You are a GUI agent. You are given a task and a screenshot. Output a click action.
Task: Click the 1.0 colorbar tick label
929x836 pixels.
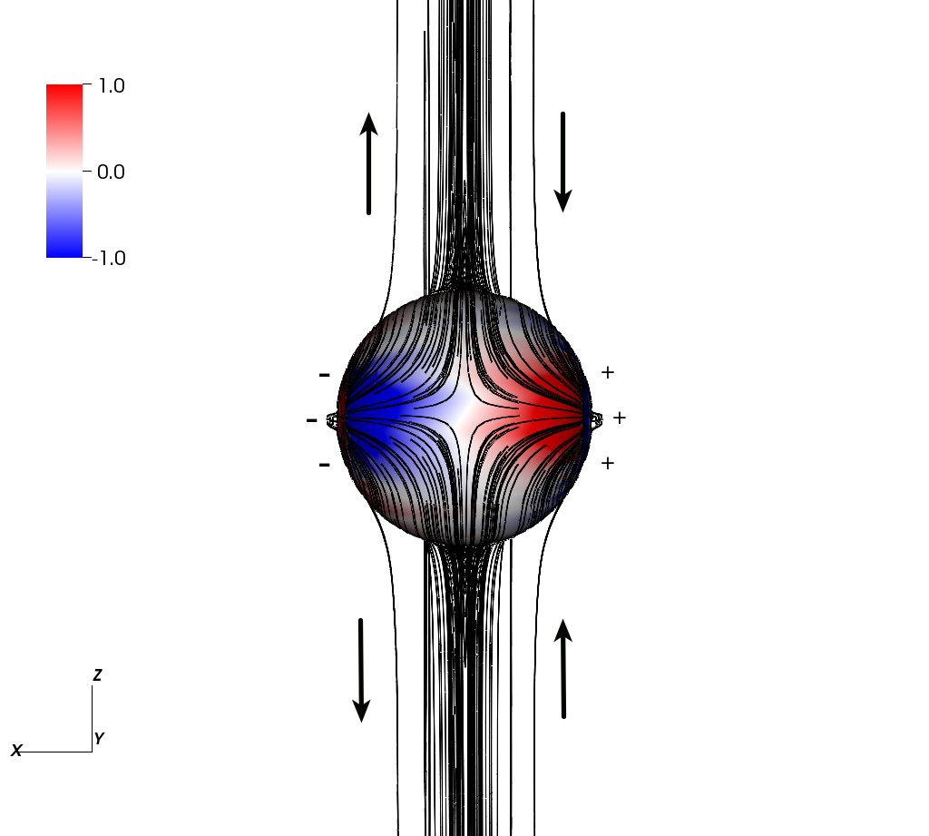[x=112, y=86]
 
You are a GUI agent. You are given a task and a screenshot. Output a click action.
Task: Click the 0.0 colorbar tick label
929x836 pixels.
[x=111, y=172]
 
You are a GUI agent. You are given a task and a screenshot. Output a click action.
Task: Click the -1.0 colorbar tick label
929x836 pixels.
[x=109, y=258]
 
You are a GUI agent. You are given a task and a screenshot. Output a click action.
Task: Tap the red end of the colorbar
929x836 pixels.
[x=64, y=88]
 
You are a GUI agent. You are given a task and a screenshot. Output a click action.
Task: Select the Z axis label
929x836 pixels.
[x=98, y=674]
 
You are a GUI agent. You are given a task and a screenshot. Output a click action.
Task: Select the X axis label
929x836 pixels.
[x=16, y=751]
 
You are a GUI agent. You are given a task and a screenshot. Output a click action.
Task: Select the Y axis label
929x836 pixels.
[x=99, y=738]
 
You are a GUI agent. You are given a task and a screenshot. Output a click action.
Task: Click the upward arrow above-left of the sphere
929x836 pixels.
[x=368, y=163]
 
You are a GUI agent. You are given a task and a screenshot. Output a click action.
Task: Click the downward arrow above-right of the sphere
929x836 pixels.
[x=562, y=162]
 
